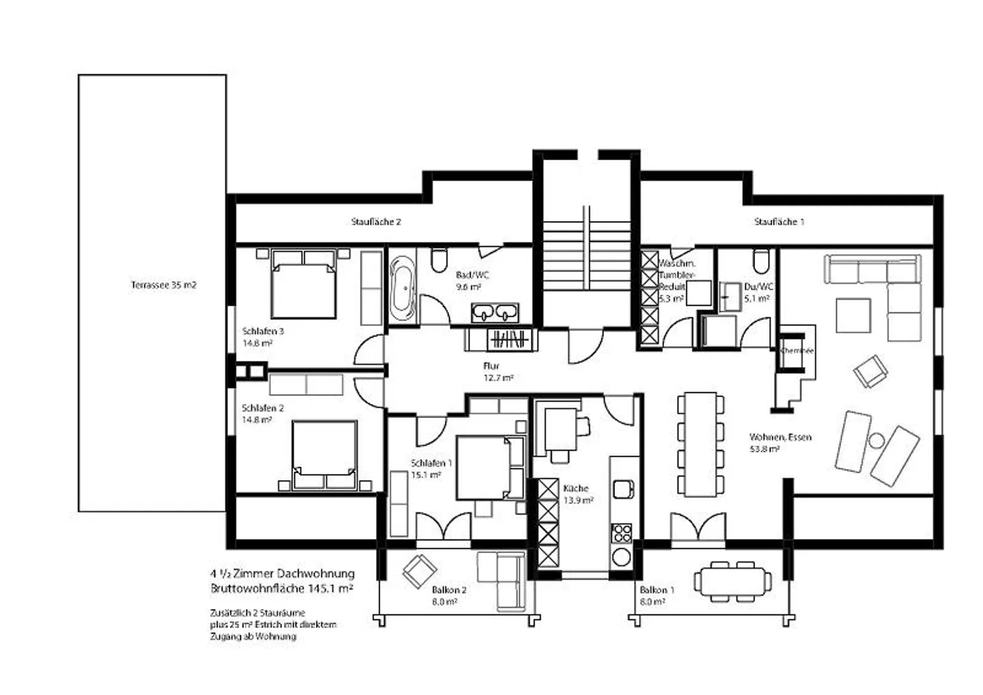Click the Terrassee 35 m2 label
(x=163, y=285)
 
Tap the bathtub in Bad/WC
(x=402, y=289)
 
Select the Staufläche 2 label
(x=375, y=222)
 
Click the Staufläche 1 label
(x=779, y=222)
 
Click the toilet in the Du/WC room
(x=761, y=261)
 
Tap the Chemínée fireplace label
(x=797, y=351)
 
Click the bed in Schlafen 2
(x=325, y=454)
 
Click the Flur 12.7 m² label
(x=496, y=372)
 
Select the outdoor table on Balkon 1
(x=732, y=582)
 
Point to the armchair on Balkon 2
(x=418, y=571)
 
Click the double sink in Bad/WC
(x=495, y=313)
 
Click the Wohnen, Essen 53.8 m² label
(x=780, y=443)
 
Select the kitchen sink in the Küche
(x=622, y=489)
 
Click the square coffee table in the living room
(x=853, y=316)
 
